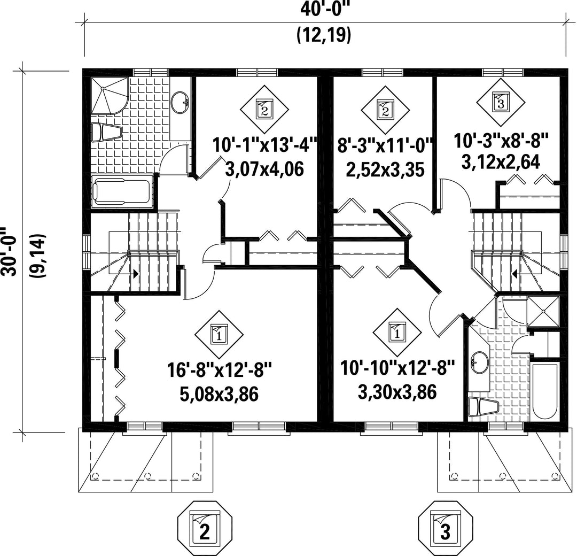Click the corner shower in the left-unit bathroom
[x=110, y=96]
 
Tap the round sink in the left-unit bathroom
[x=181, y=102]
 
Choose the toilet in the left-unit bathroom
[x=106, y=132]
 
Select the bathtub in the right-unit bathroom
[x=545, y=391]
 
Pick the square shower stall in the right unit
[x=543, y=312]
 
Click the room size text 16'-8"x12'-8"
[x=220, y=369]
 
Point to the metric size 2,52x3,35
[x=385, y=169]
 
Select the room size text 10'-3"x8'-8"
[x=501, y=141]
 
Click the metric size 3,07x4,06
[x=264, y=169]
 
